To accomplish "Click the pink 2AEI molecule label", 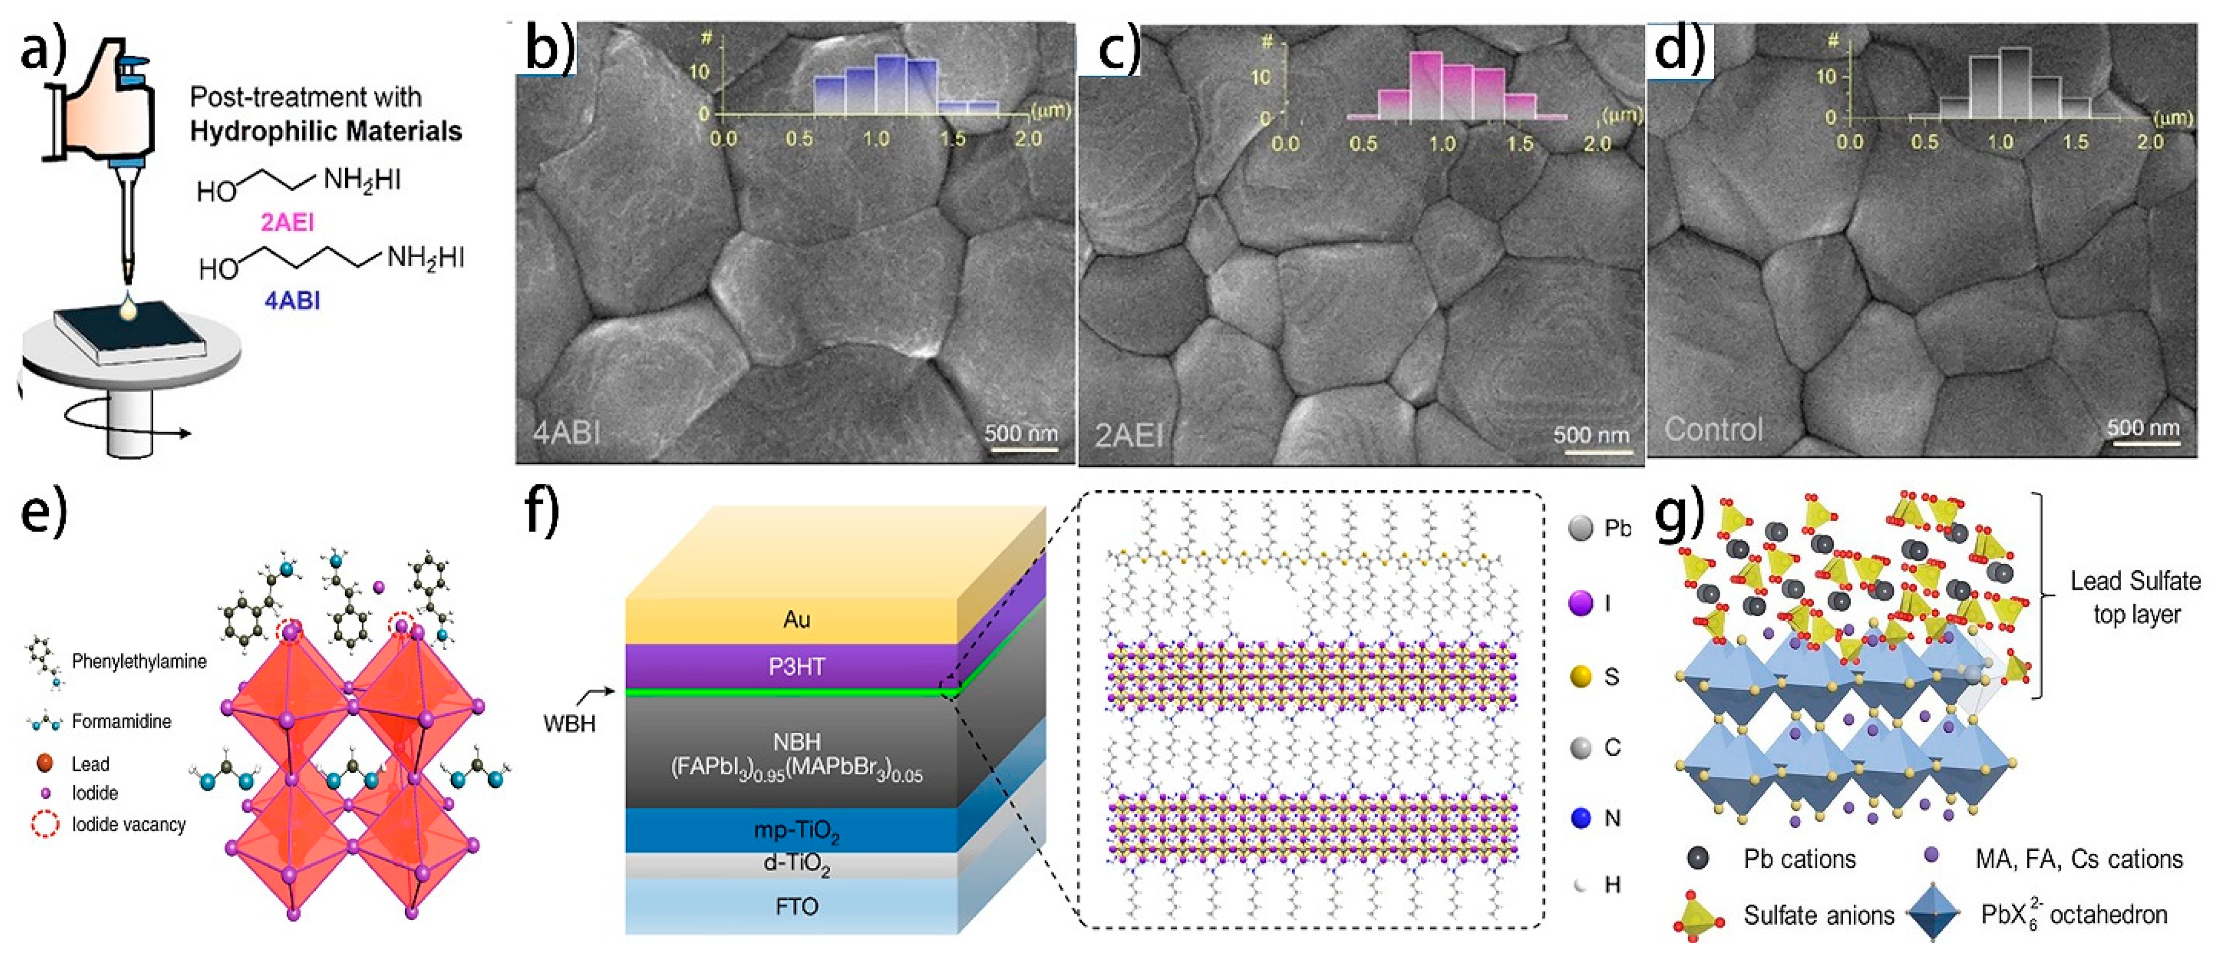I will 287,222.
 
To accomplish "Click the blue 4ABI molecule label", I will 292,301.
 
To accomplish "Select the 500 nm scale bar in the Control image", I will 2144,443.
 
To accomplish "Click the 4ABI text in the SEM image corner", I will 566,431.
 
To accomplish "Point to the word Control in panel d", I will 1713,429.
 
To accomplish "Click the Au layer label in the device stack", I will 796,619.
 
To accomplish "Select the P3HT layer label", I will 796,667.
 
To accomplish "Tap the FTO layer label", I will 796,907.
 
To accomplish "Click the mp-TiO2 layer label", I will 796,831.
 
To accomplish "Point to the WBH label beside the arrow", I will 569,723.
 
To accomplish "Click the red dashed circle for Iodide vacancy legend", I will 45,824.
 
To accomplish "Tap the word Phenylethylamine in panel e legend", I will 139,661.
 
